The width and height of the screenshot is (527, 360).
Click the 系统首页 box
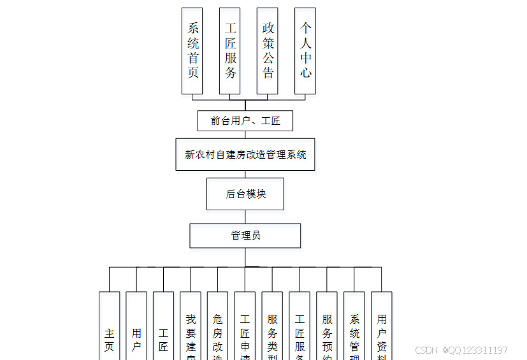click(x=192, y=51)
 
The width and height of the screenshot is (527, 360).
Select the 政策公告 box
click(x=268, y=51)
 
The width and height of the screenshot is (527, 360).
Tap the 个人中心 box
click(x=305, y=51)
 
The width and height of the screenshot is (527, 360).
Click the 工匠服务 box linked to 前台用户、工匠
click(x=230, y=51)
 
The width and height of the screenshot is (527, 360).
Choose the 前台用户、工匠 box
click(x=245, y=121)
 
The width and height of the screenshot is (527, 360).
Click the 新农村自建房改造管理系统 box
click(x=245, y=154)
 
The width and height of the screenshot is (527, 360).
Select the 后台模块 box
click(x=245, y=194)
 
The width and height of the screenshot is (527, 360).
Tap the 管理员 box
click(x=245, y=236)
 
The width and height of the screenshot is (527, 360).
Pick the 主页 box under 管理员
click(x=110, y=331)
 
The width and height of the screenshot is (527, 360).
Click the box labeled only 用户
click(x=136, y=331)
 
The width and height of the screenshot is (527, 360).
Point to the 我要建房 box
click(x=191, y=331)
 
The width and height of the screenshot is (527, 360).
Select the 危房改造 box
click(x=218, y=331)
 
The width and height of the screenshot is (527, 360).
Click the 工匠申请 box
click(x=245, y=331)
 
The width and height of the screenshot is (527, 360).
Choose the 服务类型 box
click(x=272, y=331)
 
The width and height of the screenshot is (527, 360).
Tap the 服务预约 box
click(x=327, y=331)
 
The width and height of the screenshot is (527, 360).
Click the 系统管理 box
click(x=354, y=331)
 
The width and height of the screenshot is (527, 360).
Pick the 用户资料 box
click(x=382, y=331)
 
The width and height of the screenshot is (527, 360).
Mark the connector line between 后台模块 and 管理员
click(x=245, y=217)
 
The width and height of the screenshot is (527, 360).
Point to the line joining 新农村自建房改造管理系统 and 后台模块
click(x=245, y=174)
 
